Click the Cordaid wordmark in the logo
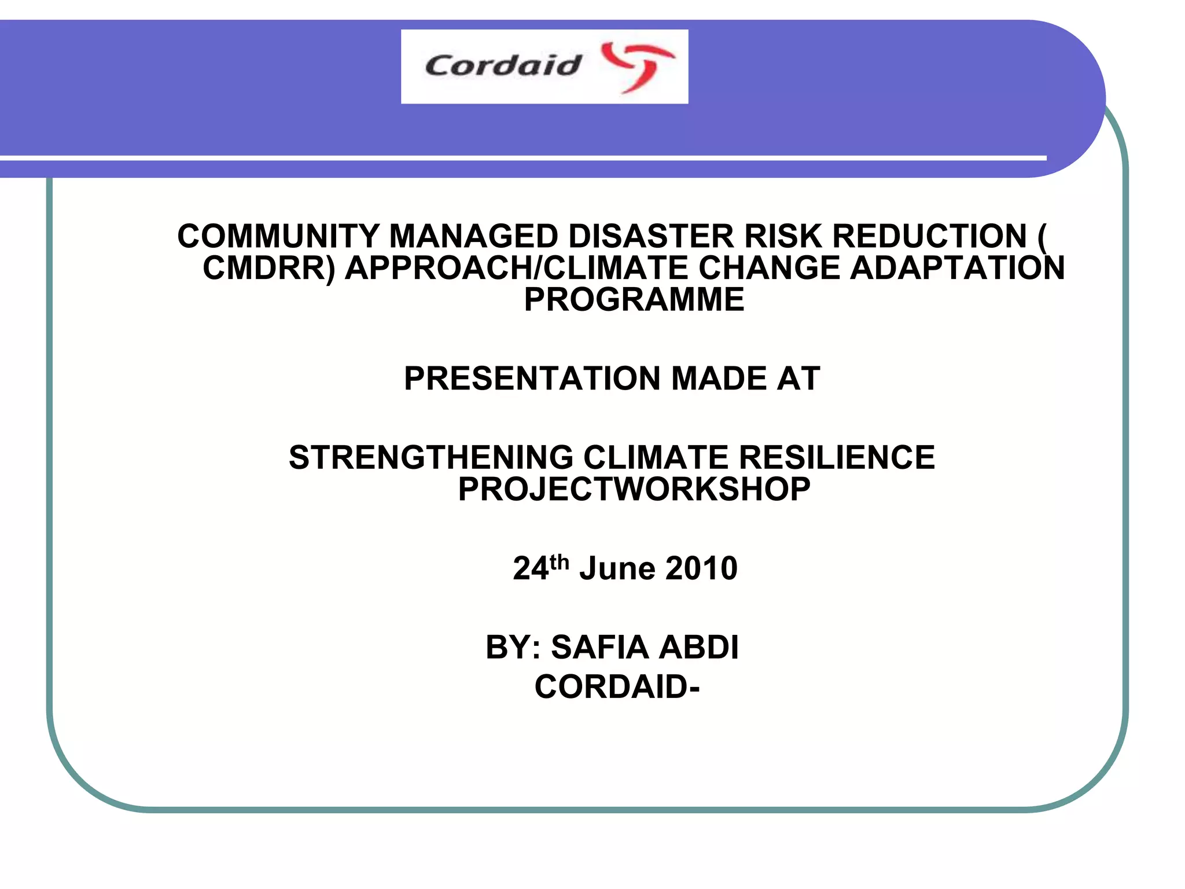(502, 65)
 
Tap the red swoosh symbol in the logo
(637, 66)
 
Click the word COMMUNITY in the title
(278, 236)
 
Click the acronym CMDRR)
(269, 268)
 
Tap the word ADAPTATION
(957, 268)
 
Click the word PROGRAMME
(634, 299)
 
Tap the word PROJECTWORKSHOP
(634, 489)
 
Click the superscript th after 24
(560, 561)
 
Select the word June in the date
(617, 568)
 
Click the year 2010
(701, 568)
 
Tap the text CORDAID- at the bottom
(617, 687)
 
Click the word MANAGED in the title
(473, 236)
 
